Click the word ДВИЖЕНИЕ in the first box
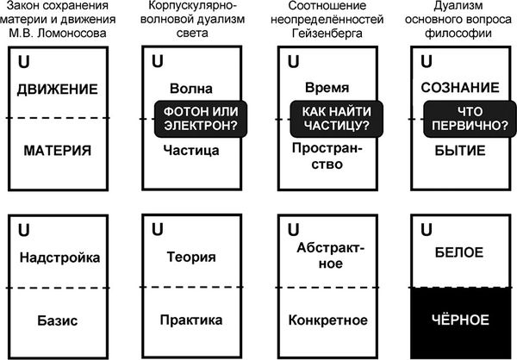coord(58,90)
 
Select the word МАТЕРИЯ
coord(58,151)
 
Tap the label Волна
coord(191,89)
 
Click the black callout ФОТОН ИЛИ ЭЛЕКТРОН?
coord(201,119)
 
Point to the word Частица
coord(191,151)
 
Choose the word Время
coord(327,88)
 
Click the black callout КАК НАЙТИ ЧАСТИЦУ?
coord(337,119)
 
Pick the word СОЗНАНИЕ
coord(460,88)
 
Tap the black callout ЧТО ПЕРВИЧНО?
coord(470,119)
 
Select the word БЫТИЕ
coord(460,151)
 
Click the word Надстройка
coord(59,258)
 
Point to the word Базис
coord(58,320)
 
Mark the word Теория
coord(191,257)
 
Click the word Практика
coord(191,320)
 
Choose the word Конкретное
coord(328,320)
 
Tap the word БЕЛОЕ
coord(459,252)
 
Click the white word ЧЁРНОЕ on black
coord(460,320)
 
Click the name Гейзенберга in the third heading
coord(327,34)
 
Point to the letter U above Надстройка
coord(24,230)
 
